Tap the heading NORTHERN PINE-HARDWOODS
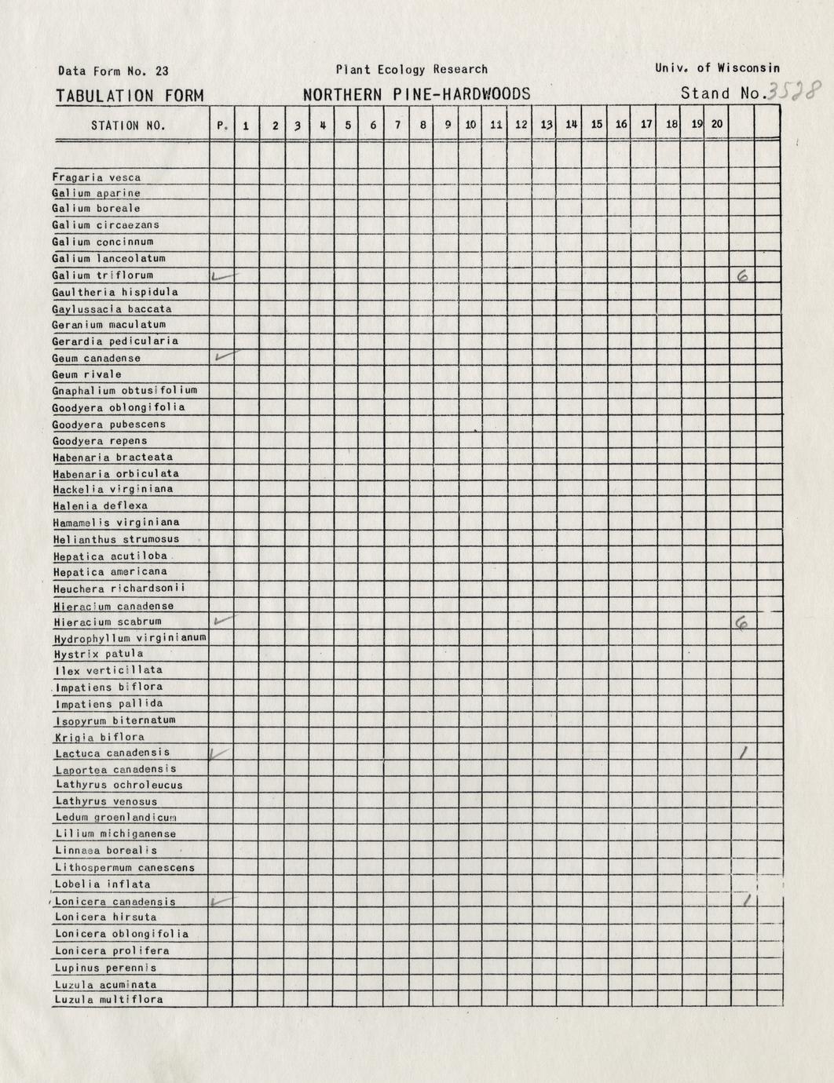(x=416, y=95)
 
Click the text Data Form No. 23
(x=113, y=71)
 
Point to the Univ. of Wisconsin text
(x=717, y=68)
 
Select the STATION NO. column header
(x=128, y=125)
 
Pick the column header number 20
(x=716, y=124)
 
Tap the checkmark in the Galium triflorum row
(x=223, y=275)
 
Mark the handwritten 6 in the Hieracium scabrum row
(x=741, y=623)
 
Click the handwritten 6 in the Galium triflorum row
(x=741, y=275)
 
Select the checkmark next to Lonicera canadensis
(x=222, y=902)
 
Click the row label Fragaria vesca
(x=97, y=177)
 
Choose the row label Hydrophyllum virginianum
(x=130, y=637)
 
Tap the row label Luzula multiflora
(x=108, y=1000)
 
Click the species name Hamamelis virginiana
(x=116, y=522)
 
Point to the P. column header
(x=221, y=125)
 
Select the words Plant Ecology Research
(x=411, y=69)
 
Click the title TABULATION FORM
(x=130, y=96)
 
